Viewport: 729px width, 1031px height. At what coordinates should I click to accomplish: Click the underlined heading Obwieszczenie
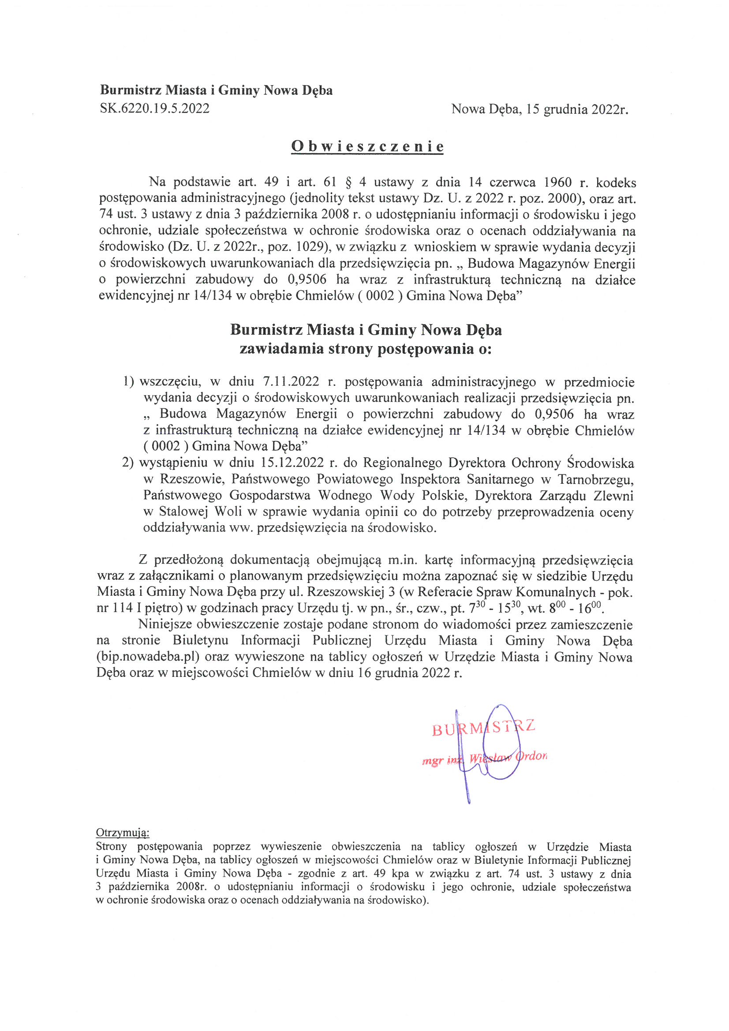coord(367,146)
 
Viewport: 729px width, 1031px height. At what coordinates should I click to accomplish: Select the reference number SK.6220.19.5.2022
coord(154,108)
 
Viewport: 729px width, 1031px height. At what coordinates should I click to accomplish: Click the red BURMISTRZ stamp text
coord(483,728)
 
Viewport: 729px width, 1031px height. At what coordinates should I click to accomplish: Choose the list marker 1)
coord(128,382)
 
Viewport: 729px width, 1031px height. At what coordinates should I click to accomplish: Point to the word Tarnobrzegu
coord(596,479)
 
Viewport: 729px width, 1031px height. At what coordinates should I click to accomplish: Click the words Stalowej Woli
coord(201,512)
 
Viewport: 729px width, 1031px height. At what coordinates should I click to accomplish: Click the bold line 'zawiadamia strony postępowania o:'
coord(366,349)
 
